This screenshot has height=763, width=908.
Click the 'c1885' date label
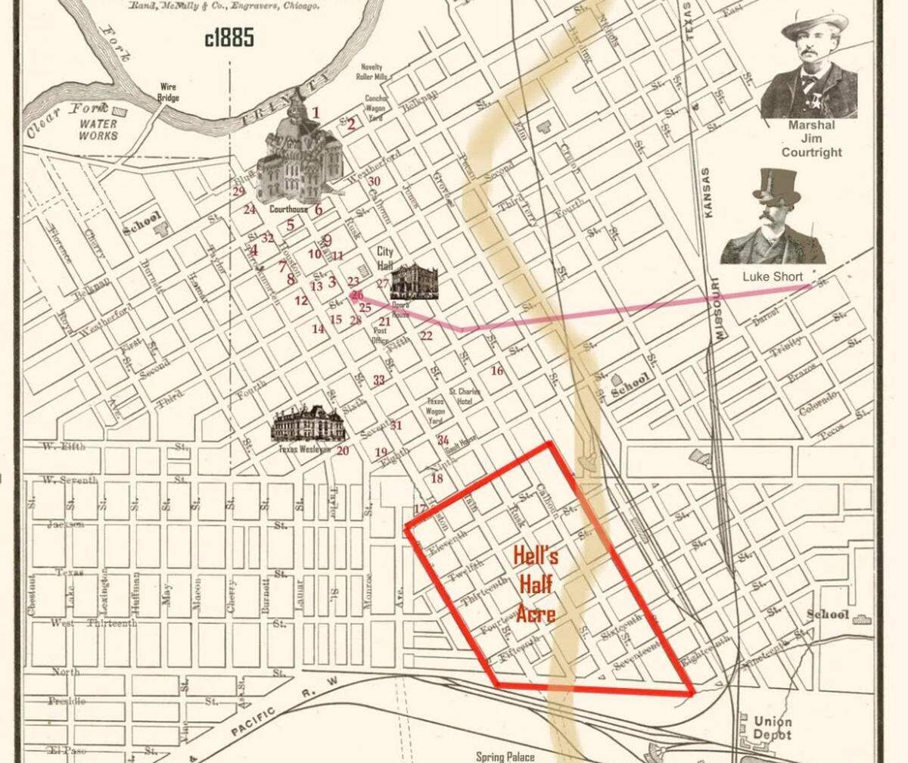(229, 39)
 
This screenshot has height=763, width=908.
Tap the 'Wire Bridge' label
(168, 92)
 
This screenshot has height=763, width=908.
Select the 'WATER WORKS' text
(98, 129)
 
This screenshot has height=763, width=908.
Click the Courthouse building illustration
(301, 159)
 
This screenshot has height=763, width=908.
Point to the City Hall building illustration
(414, 282)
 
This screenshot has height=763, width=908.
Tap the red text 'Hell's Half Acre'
(536, 584)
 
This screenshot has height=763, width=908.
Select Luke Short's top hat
(776, 185)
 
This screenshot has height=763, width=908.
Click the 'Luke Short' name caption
(773, 276)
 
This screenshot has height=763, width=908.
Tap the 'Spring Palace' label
(505, 755)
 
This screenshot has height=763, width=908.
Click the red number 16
(496, 371)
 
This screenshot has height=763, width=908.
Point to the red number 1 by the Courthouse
(316, 114)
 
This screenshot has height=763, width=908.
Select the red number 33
(379, 380)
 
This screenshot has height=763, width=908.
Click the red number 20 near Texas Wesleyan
(343, 451)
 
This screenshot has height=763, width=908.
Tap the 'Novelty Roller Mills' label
(372, 71)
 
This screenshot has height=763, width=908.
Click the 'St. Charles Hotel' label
(462, 395)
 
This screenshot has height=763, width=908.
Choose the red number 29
(239, 191)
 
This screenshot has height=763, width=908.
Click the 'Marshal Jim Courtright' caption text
(811, 139)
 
